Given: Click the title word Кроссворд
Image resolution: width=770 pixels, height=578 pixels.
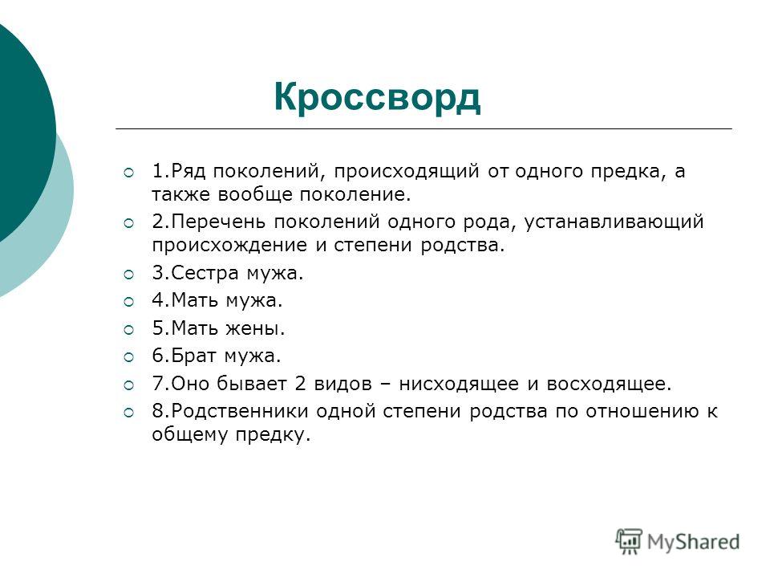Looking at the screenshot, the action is (x=377, y=98).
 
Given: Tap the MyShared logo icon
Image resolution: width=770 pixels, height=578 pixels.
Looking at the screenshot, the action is (x=629, y=542).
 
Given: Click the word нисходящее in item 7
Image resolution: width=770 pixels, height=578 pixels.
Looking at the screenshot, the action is (x=459, y=384).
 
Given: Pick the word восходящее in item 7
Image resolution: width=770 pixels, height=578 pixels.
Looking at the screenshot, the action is (x=609, y=384).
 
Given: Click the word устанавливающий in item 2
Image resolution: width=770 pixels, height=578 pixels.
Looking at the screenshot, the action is (x=614, y=222).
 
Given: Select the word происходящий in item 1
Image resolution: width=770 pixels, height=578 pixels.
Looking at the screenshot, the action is (x=407, y=171).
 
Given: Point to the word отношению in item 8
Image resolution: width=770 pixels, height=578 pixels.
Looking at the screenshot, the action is (x=642, y=411).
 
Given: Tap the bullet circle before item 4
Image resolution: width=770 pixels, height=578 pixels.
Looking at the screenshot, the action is (x=128, y=301).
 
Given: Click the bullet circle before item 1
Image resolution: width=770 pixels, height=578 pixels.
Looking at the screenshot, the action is (x=128, y=173).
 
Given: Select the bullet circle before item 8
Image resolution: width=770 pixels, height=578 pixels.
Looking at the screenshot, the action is (x=128, y=413).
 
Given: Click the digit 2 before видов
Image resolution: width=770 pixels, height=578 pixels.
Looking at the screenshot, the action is (x=300, y=383).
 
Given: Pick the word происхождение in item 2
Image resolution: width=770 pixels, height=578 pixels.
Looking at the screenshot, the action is (x=233, y=246).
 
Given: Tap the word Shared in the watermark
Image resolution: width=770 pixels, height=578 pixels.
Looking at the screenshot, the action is (x=707, y=542).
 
